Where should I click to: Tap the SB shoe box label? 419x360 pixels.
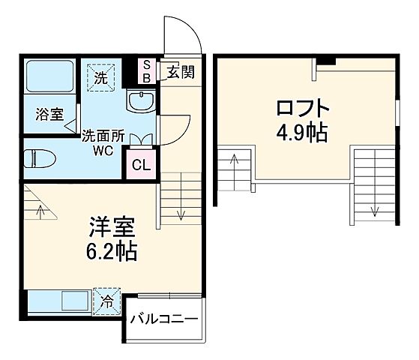147,71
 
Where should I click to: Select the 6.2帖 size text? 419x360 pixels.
106,250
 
